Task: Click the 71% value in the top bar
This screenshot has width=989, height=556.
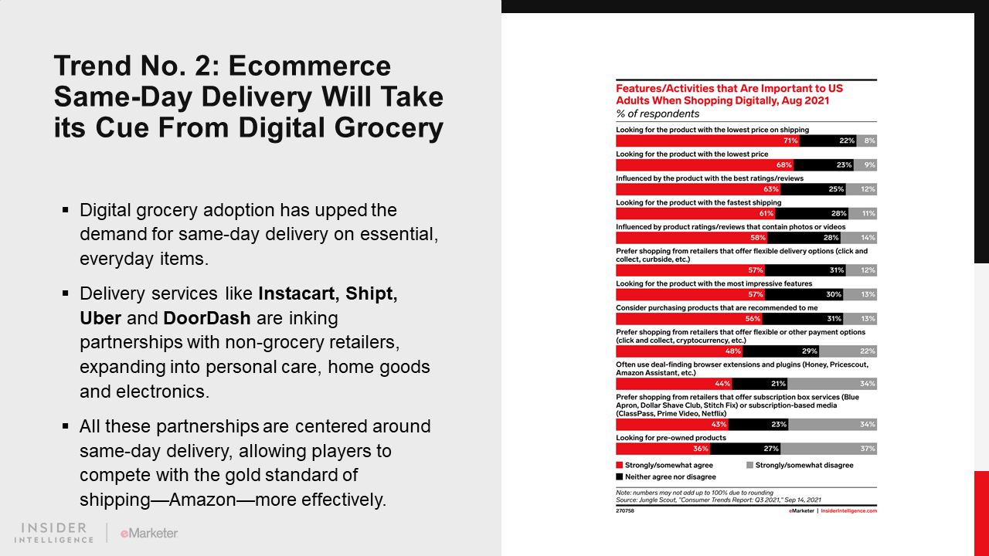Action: (790, 141)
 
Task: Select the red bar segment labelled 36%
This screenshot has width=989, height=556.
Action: (663, 449)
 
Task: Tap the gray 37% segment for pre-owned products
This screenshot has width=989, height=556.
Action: (828, 449)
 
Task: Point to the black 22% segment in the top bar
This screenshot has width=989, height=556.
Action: (827, 141)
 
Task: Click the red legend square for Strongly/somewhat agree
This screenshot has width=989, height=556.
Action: (619, 466)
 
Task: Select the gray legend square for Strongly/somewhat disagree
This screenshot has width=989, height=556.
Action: (749, 466)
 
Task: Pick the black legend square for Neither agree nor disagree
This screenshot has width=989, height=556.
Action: (619, 477)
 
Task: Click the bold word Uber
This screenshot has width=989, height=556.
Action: (100, 318)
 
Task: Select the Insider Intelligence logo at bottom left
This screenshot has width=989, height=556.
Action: (55, 532)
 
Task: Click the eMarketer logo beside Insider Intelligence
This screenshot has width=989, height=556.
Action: (149, 533)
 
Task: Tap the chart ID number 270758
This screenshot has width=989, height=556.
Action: (624, 511)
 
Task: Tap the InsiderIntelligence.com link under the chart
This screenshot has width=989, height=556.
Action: (848, 511)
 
